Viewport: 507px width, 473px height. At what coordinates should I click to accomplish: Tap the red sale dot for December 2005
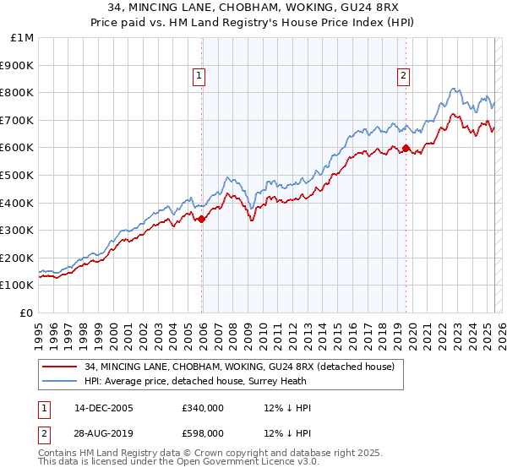click(202, 220)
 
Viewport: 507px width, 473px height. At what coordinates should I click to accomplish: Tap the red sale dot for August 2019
click(406, 149)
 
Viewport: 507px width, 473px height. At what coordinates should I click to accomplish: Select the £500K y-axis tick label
click(18, 175)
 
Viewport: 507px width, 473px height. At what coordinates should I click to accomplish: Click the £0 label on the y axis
click(27, 313)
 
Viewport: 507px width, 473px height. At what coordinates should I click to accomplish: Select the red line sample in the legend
click(58, 366)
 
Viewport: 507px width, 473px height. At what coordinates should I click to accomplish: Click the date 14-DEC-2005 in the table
click(96, 408)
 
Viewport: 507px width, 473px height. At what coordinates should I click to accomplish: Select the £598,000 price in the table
click(203, 432)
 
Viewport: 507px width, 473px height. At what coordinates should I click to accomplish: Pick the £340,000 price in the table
click(203, 408)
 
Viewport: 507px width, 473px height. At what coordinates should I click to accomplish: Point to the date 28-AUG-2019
click(97, 432)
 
